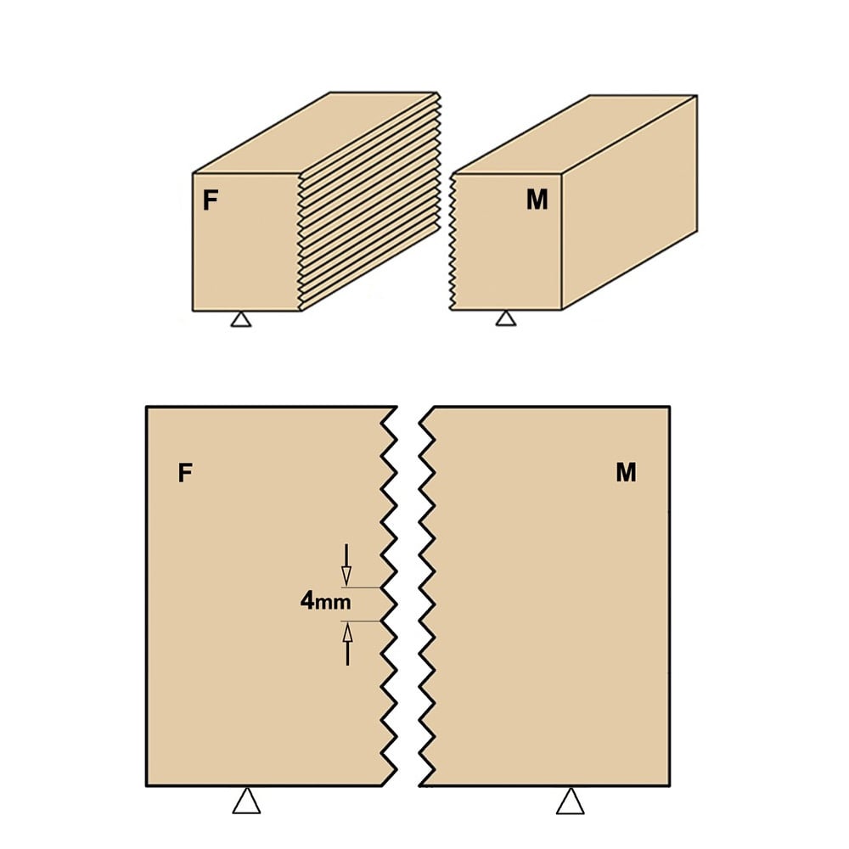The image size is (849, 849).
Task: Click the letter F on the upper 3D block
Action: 210,200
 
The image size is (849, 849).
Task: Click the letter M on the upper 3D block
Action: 537,200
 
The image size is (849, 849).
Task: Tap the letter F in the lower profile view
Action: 185,473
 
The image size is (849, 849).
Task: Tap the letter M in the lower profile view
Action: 626,472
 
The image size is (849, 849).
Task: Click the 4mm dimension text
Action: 325,601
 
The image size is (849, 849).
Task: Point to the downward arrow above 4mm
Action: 346,565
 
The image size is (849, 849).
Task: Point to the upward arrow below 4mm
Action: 347,644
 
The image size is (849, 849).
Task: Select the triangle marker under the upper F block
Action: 241,319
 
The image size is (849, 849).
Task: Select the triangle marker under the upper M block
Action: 506,318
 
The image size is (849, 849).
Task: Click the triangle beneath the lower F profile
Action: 246,801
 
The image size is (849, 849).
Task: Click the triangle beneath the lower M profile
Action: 571,801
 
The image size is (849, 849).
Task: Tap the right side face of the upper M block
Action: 629,202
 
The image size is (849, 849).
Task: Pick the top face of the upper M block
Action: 575,134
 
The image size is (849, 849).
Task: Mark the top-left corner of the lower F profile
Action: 147,407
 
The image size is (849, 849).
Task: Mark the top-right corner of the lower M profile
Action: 670,407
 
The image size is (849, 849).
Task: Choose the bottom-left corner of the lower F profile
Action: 147,785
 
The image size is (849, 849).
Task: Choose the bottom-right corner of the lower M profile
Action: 670,785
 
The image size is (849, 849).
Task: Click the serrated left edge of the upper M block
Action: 453,242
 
